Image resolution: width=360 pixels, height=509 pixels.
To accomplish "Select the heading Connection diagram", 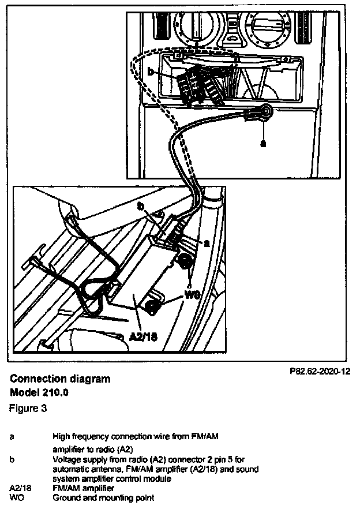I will [x=60, y=379].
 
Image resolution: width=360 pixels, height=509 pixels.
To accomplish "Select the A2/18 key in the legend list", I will [x=20, y=488].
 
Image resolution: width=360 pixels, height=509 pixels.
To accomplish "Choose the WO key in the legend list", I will [x=16, y=496].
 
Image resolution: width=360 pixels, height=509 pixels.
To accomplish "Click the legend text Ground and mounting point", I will [x=103, y=496].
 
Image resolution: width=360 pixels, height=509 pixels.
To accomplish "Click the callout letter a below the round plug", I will [x=263, y=144].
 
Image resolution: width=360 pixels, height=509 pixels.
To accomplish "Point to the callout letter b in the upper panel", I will [x=150, y=72].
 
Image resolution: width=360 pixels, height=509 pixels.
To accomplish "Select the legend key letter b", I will [x=13, y=460].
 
